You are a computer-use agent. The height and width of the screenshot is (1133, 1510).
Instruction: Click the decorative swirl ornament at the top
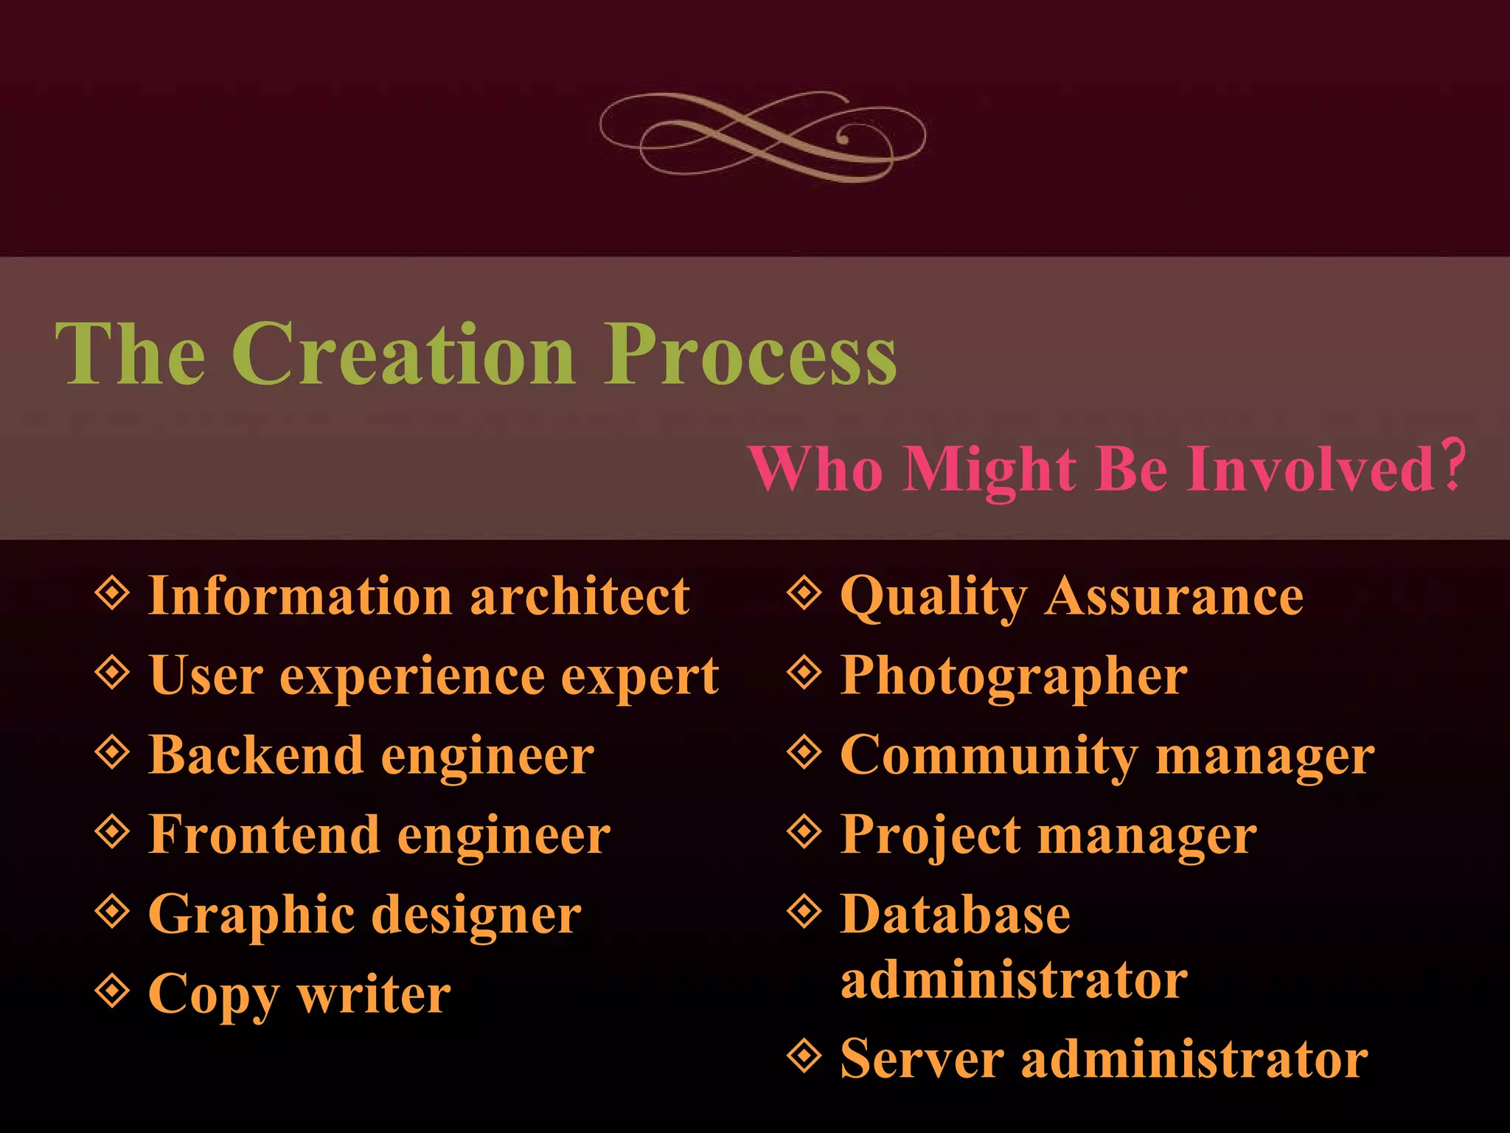click(x=762, y=136)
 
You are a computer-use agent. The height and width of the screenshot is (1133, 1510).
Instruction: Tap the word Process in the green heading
click(x=750, y=356)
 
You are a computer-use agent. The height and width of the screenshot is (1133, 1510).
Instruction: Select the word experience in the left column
click(x=411, y=676)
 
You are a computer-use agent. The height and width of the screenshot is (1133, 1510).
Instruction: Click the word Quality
click(x=933, y=597)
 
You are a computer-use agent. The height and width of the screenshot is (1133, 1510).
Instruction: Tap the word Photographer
click(x=1014, y=676)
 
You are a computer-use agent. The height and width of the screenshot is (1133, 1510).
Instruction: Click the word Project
click(x=930, y=836)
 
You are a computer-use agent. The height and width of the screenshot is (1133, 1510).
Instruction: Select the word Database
click(x=955, y=915)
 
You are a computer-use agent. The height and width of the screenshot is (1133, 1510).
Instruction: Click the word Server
click(x=922, y=1059)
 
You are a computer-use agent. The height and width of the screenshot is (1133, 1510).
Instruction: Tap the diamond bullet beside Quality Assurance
click(x=804, y=592)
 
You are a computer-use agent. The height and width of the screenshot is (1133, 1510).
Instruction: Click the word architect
click(x=580, y=596)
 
